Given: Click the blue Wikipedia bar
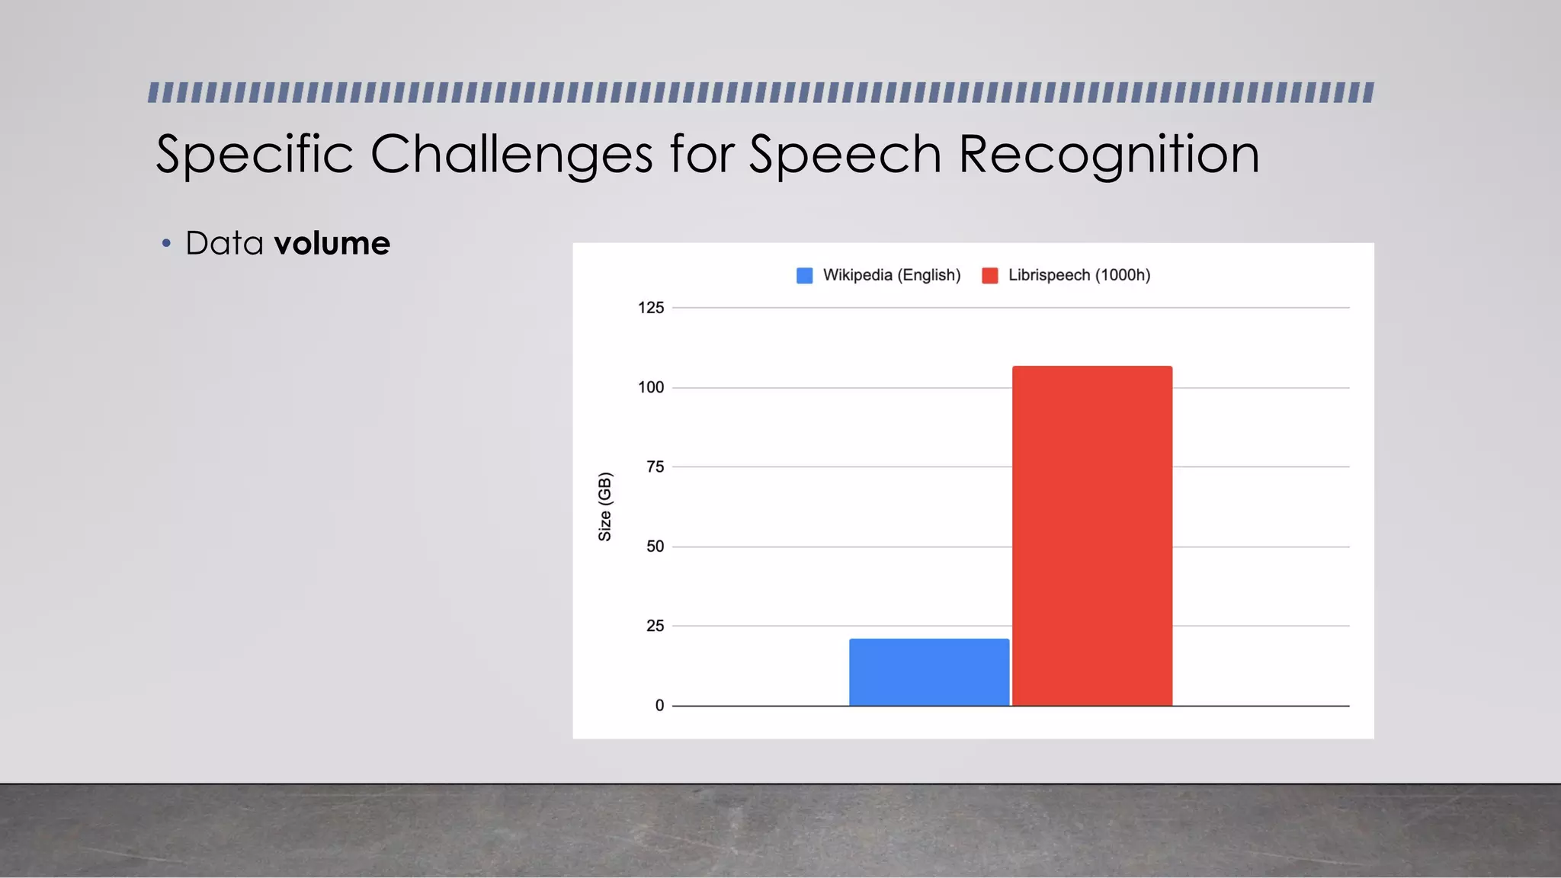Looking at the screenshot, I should pos(929,672).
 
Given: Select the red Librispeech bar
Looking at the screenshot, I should pos(1092,536).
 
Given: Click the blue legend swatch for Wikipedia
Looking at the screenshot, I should pos(804,276).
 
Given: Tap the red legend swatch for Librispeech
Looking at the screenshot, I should pos(990,276).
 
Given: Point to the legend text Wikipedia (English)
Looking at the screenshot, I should pos(892,275).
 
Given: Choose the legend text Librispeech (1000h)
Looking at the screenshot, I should pos(1079,275).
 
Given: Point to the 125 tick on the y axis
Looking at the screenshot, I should pos(651,308).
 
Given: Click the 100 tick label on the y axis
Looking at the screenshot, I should pos(651,387).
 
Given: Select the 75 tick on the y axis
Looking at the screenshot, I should pos(655,467).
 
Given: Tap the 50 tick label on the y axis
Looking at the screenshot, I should pos(655,546).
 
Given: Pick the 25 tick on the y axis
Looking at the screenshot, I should pos(655,626).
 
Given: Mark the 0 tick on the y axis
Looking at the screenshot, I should pos(659,706).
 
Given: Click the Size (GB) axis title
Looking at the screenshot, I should pos(605,507).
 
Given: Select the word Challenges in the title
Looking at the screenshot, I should pos(511,155).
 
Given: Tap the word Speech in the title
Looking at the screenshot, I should pos(845,155).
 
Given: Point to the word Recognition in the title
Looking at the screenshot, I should pos(1108,155).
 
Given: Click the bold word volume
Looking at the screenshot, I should pos(332,244).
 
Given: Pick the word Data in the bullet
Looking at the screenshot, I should pos(224,244).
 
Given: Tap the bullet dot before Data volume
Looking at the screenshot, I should pos(166,244).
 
